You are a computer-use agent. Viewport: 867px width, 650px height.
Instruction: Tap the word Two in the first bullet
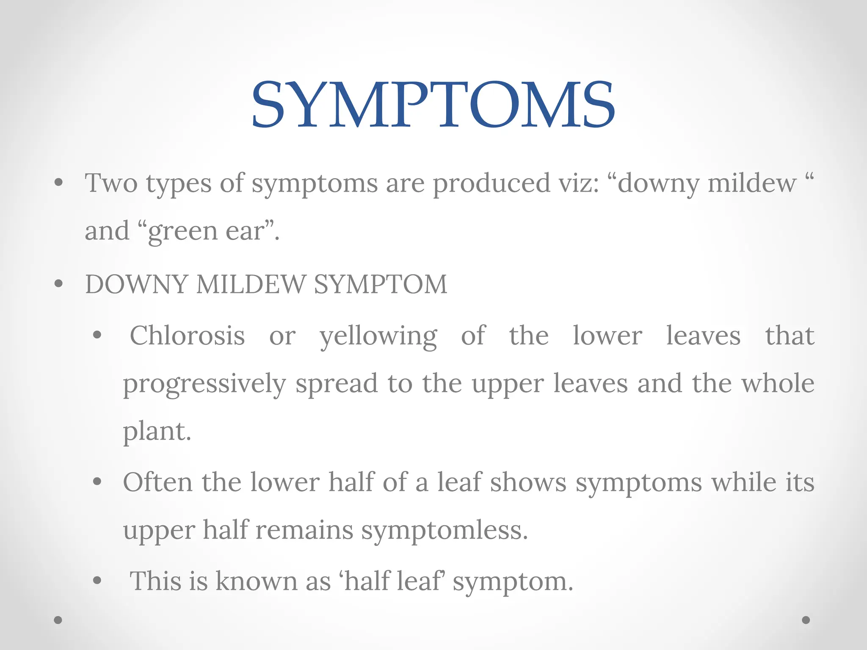(111, 183)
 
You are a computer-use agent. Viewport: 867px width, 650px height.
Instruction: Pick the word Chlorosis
(187, 336)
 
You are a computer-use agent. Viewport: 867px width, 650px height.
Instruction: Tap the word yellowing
(378, 337)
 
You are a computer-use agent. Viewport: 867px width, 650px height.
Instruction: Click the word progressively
(204, 384)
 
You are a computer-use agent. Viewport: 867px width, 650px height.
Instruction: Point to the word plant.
(157, 432)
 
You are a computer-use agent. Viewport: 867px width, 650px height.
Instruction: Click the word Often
(157, 482)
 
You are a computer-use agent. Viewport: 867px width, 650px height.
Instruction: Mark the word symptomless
(445, 530)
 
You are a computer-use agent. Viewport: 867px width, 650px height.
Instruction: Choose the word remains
(304, 530)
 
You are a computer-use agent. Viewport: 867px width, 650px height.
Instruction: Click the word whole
(778, 383)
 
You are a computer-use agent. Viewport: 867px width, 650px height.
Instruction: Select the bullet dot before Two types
(58, 183)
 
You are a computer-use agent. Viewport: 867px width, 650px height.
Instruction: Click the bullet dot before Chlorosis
(97, 336)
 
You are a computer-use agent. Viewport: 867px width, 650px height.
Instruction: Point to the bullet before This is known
(97, 581)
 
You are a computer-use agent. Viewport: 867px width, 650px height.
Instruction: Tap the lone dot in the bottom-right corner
(806, 620)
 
